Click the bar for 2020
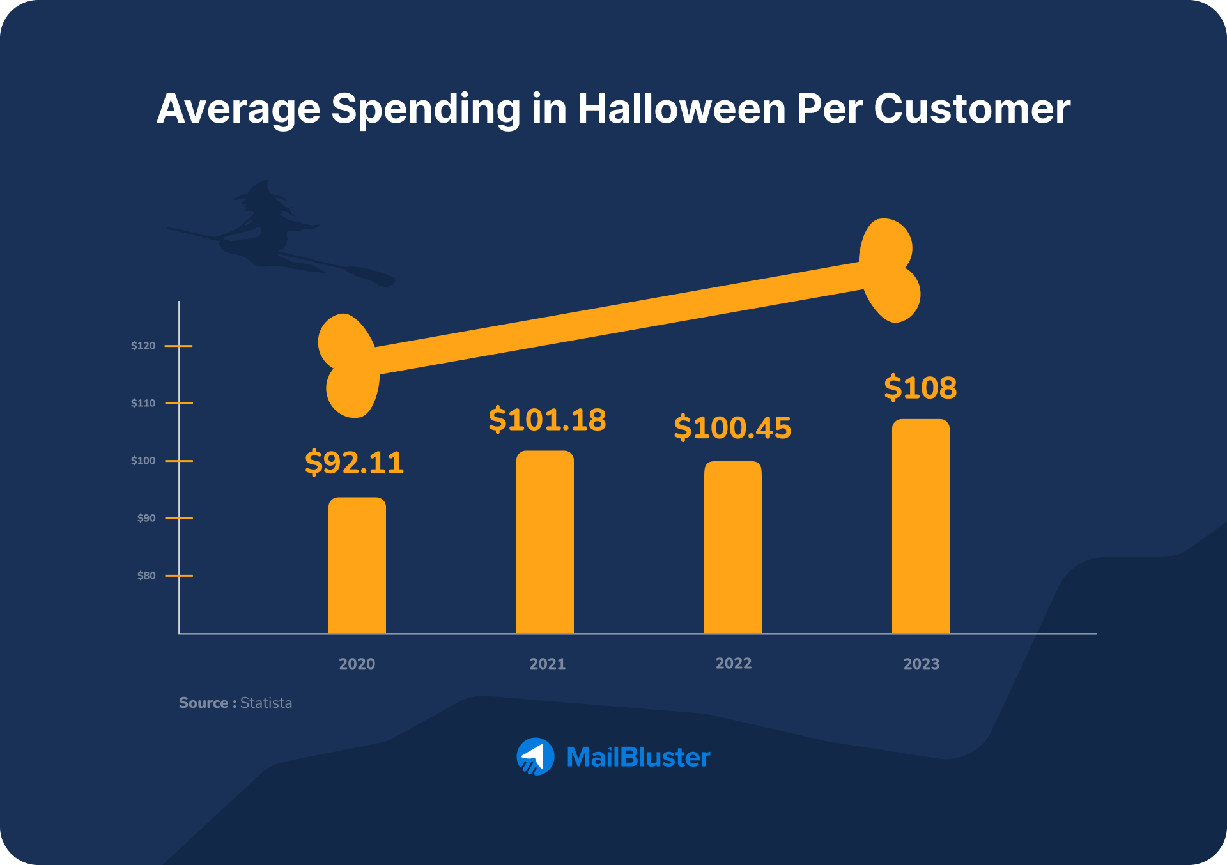pos(357,565)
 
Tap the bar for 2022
pos(732,547)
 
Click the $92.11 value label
pos(354,463)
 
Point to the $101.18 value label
pos(547,420)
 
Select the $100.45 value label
pos(732,427)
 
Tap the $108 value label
pos(920,388)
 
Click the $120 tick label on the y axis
pos(143,346)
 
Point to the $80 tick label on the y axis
pos(146,576)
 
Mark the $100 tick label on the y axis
pos(143,461)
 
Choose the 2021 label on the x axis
pos(547,664)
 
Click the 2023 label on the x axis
pos(921,664)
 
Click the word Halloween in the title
pos(682,109)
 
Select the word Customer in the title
pos(971,109)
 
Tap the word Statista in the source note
pos(266,703)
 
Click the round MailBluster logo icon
pos(535,757)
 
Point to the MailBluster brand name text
pos(638,758)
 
